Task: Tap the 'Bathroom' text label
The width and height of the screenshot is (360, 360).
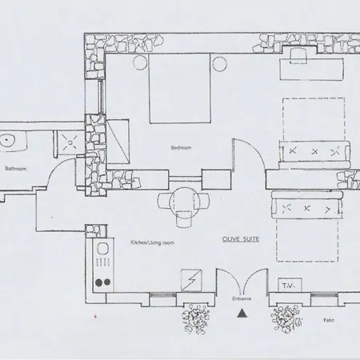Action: click(17, 168)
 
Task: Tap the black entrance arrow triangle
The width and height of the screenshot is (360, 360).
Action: click(240, 314)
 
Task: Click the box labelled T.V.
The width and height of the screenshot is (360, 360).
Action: click(287, 285)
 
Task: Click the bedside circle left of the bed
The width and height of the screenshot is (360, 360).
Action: click(139, 62)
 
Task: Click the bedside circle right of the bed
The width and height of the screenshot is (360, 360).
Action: click(219, 62)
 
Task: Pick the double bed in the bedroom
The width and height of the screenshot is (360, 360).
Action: click(179, 88)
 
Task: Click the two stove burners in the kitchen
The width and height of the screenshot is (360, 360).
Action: click(101, 282)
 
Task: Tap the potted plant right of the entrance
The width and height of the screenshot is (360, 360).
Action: click(285, 320)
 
